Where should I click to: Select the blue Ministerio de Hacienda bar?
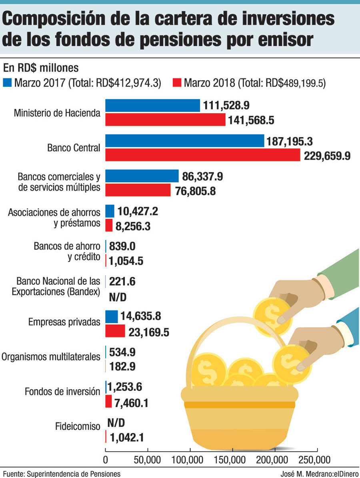tap(152, 106)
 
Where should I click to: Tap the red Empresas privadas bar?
tap(115, 331)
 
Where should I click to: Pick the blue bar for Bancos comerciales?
tap(142, 176)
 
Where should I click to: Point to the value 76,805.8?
tap(196, 191)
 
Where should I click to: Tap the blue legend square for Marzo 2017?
tap(8, 83)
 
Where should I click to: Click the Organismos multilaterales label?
tap(51, 356)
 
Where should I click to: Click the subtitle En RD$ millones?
tap(35, 67)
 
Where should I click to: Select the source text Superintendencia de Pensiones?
tap(73, 474)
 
